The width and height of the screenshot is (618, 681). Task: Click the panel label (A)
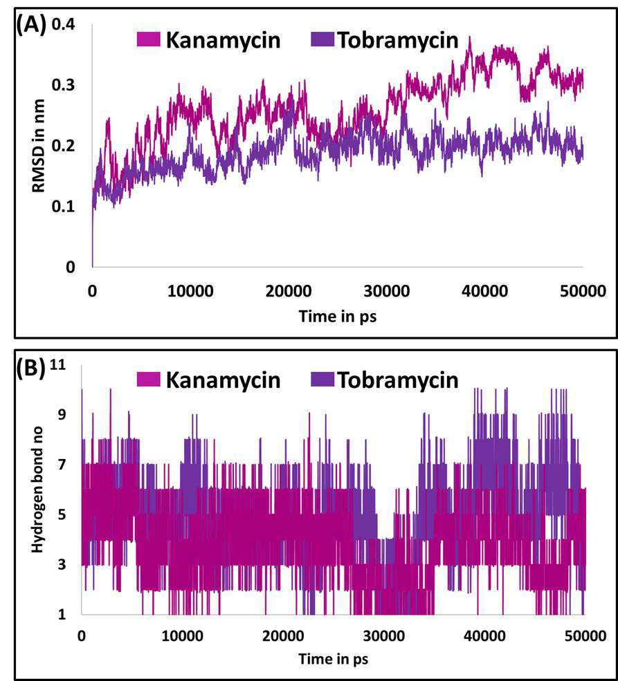click(30, 26)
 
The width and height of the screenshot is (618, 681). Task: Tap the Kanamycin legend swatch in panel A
click(148, 39)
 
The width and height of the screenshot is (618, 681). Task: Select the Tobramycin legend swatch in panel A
click(322, 39)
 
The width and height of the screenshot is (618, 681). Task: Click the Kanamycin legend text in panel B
click(223, 380)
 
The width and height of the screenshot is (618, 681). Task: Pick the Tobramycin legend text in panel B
click(398, 380)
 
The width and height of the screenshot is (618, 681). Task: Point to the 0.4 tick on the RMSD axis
click(64, 24)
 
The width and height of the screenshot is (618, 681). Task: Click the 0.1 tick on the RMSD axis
click(64, 206)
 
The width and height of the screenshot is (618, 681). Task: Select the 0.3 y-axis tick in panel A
click(64, 85)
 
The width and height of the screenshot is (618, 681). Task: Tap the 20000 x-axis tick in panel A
click(289, 290)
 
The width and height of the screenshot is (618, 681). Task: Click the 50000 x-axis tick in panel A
click(583, 290)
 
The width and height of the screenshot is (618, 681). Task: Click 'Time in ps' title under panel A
click(337, 316)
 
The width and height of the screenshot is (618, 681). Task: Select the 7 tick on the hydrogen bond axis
click(62, 465)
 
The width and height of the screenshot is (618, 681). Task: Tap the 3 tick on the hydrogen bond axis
click(62, 564)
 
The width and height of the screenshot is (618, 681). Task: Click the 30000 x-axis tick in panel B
click(384, 636)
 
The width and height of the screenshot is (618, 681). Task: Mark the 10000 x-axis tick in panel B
click(183, 636)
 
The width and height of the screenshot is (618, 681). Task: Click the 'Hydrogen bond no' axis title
click(38, 489)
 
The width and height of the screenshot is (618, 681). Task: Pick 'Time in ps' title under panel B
click(334, 659)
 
